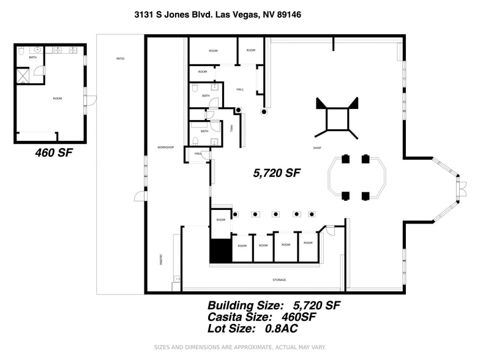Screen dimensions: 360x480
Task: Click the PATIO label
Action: click(x=120, y=59)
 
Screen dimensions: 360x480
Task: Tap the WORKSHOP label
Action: click(x=166, y=148)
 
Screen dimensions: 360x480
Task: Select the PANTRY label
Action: click(x=161, y=260)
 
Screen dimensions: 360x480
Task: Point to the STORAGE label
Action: click(x=279, y=280)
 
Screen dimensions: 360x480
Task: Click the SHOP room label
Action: click(x=317, y=148)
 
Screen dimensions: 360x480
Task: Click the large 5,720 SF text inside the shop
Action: click(x=277, y=173)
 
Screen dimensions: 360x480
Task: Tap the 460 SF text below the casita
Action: click(x=54, y=153)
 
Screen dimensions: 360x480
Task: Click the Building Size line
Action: click(x=274, y=305)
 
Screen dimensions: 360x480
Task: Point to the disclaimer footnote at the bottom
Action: click(x=239, y=347)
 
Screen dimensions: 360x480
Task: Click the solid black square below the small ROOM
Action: click(x=220, y=251)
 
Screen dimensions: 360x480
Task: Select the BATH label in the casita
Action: click(x=32, y=58)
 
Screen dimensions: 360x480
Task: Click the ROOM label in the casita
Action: click(x=57, y=99)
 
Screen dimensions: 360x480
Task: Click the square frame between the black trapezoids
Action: click(x=336, y=119)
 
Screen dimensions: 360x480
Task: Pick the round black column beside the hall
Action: click(x=264, y=112)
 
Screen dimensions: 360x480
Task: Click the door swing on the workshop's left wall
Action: click(x=140, y=196)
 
